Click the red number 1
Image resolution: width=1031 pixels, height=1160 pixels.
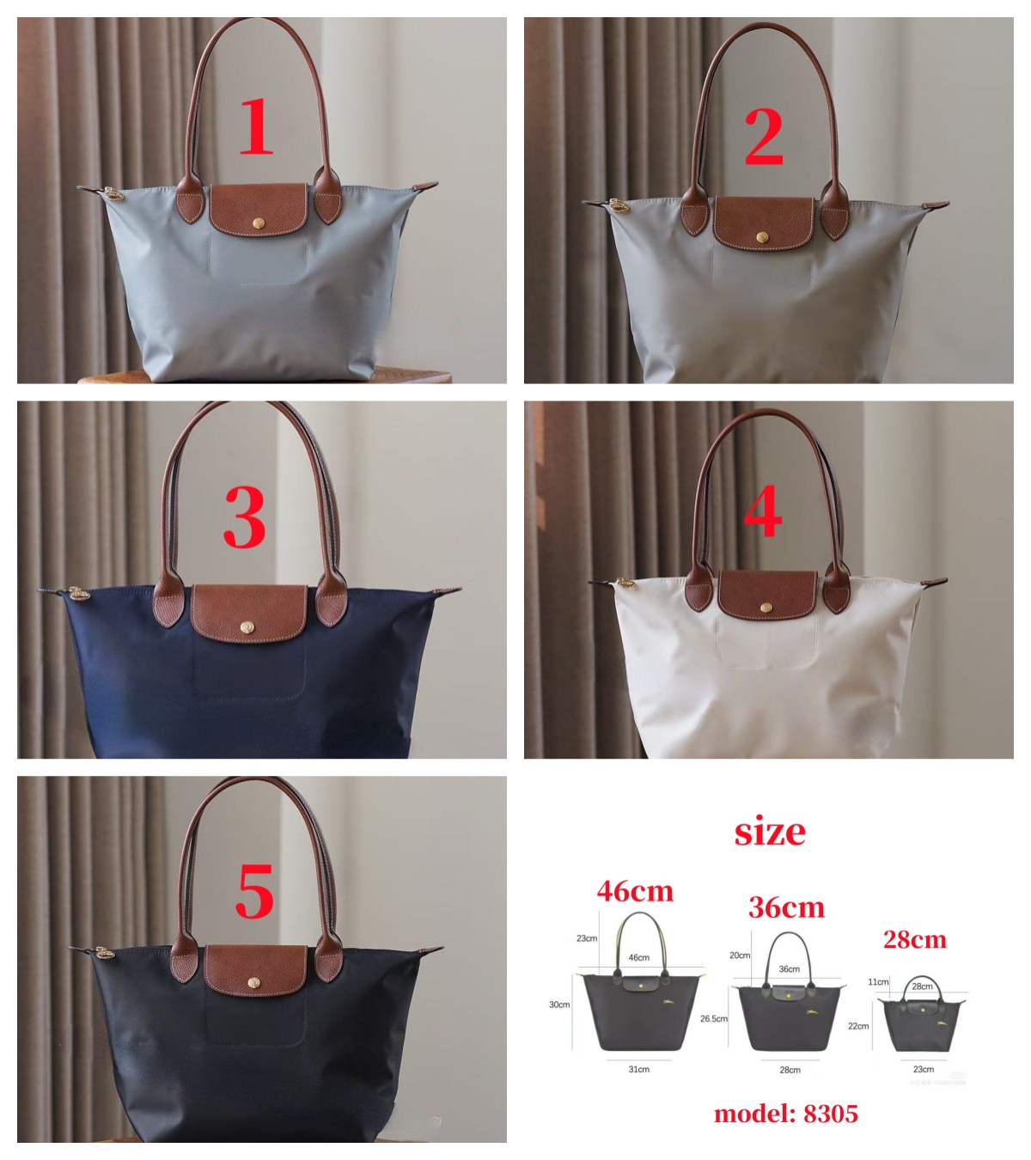[256, 126]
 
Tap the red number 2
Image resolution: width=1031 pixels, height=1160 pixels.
[764, 137]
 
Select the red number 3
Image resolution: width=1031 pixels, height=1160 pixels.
[245, 518]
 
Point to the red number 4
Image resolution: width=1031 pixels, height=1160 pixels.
[763, 510]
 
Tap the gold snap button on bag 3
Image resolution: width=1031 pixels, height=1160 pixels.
[247, 626]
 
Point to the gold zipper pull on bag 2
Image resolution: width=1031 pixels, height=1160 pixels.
[618, 205]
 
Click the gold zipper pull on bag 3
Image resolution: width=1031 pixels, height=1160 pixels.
[78, 593]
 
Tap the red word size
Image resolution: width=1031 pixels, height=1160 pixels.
[770, 832]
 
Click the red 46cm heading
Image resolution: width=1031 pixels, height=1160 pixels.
[635, 891]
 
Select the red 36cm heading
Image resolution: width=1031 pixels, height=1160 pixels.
[786, 907]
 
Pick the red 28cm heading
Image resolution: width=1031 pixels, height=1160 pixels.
[915, 939]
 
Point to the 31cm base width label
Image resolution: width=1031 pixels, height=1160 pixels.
[639, 1069]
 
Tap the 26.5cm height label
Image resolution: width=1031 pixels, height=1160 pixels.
[714, 1018]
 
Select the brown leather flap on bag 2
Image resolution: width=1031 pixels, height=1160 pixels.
[763, 223]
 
